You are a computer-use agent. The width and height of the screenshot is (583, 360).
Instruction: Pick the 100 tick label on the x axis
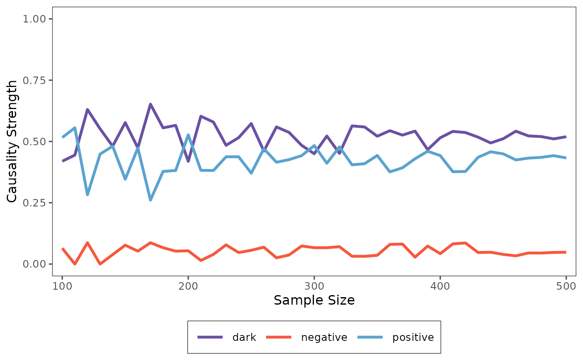point(62,286)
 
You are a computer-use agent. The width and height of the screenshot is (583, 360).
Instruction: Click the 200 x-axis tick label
point(188,286)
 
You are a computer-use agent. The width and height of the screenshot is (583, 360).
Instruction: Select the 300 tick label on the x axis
point(314,286)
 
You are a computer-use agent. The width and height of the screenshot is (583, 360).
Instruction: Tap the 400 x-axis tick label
point(440,286)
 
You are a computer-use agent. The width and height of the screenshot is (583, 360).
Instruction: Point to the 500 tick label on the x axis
point(566,286)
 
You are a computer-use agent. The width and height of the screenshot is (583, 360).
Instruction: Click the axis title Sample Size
point(314,300)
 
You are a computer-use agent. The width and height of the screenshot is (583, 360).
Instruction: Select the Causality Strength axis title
point(12,142)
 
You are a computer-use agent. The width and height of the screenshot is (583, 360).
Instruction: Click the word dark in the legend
point(244,337)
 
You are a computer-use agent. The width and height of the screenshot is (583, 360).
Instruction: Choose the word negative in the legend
point(324,337)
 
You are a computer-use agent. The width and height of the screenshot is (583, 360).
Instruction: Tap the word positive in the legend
point(413,337)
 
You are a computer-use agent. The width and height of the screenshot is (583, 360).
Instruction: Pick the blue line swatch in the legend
point(370,337)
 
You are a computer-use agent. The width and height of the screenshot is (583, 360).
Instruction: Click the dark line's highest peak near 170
point(150,104)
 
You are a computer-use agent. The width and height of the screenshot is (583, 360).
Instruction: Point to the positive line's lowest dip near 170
point(150,200)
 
